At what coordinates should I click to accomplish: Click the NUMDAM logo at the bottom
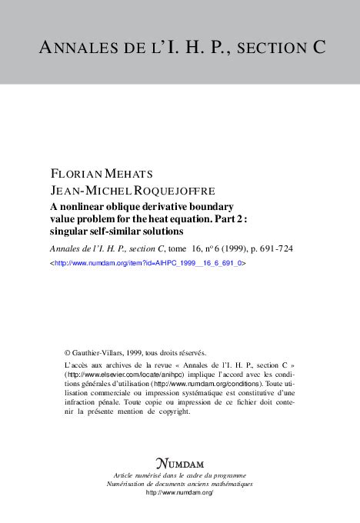click(x=182, y=463)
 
